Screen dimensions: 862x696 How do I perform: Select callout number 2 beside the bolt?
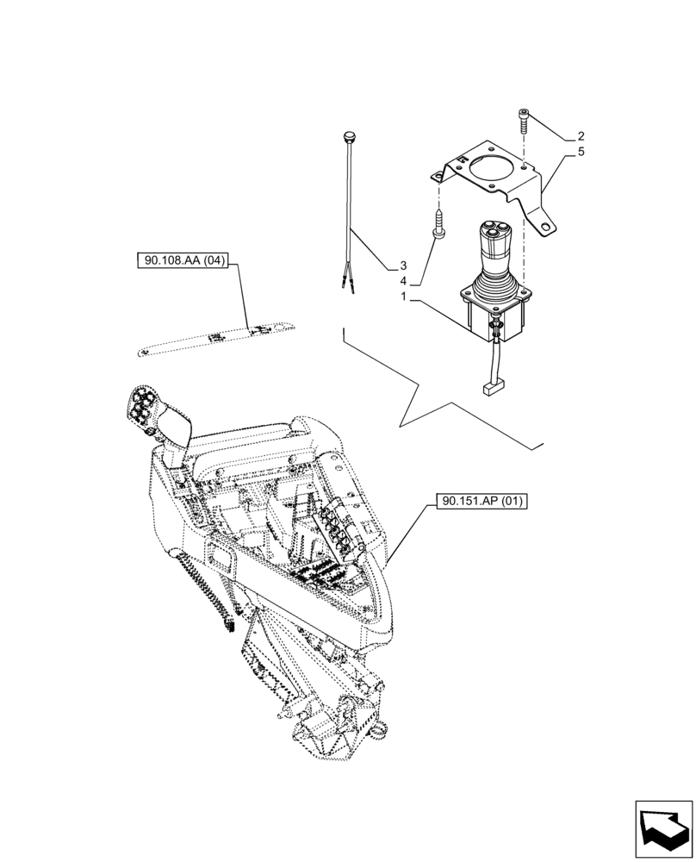(581, 136)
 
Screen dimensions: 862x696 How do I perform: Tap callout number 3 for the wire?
(402, 265)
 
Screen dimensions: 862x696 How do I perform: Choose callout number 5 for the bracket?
(581, 152)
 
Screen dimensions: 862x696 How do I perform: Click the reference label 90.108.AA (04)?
(180, 261)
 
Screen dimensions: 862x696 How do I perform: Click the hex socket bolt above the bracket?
(525, 121)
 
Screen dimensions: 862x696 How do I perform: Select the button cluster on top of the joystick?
(494, 231)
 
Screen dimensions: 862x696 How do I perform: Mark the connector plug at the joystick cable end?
(493, 390)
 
